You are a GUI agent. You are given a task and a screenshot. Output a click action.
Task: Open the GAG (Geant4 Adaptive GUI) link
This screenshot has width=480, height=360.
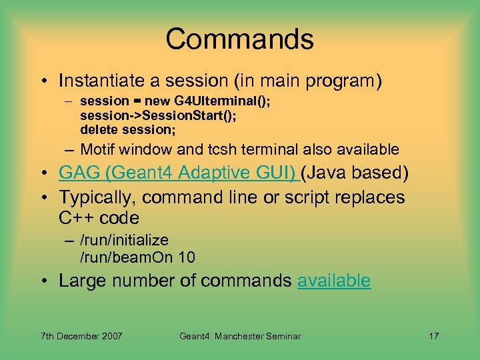tap(179, 173)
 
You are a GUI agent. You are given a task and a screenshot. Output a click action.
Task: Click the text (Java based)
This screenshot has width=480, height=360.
tap(354, 173)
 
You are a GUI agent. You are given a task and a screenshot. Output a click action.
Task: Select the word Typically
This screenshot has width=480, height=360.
tap(97, 197)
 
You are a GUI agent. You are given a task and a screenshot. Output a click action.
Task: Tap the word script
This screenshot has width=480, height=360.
tap(323, 197)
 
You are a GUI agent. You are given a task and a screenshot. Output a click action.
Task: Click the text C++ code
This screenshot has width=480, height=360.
tap(99, 218)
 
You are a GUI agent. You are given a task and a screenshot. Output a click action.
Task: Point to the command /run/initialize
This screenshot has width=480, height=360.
tap(124, 240)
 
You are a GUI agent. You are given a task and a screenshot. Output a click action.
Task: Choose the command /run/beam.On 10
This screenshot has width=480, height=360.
tap(137, 257)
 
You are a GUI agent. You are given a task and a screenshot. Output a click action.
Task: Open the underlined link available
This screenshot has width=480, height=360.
tap(334, 281)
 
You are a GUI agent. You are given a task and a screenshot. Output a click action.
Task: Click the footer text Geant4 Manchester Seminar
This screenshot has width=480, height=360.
tap(240, 336)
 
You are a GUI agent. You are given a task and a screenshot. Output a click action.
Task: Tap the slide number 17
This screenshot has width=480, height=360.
tap(433, 336)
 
